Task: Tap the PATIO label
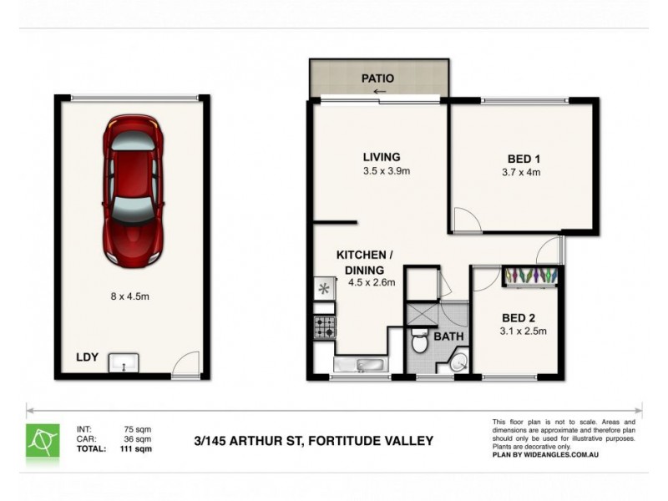pyautogui.click(x=377, y=78)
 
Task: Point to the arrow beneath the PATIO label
pyautogui.click(x=380, y=92)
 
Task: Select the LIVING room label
pyautogui.click(x=382, y=157)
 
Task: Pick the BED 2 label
pyautogui.click(x=519, y=317)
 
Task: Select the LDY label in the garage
pyautogui.click(x=88, y=357)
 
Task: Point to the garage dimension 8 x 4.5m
pyautogui.click(x=131, y=296)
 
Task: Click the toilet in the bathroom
pyautogui.click(x=421, y=342)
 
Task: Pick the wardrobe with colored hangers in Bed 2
pyautogui.click(x=530, y=276)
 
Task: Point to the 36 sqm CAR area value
pyautogui.click(x=137, y=439)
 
